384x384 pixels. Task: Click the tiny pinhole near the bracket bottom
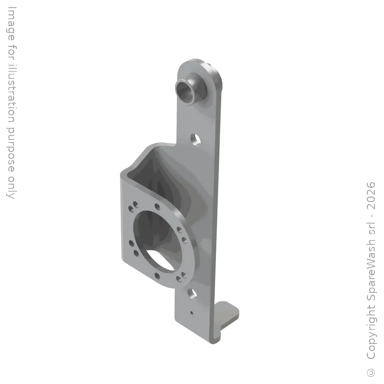pyautogui.click(x=192, y=313)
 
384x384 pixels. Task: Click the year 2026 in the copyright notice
pyautogui.click(x=371, y=195)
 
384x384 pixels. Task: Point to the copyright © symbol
pyautogui.click(x=371, y=372)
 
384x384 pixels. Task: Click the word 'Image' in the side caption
pyautogui.click(x=11, y=23)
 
